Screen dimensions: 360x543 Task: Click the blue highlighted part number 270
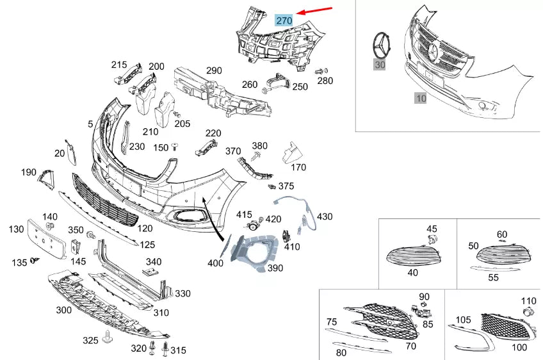[x=284, y=20]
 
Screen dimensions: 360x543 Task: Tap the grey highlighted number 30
[x=380, y=64]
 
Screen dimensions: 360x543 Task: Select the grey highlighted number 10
[x=421, y=99]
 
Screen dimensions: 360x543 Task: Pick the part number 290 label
[x=213, y=70]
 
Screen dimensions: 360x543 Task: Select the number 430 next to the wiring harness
[x=325, y=217]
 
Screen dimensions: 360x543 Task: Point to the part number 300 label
[x=64, y=310]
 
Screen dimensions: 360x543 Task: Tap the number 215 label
[x=119, y=65]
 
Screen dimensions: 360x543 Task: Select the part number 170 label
[x=298, y=168]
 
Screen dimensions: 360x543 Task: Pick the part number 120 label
[x=145, y=229]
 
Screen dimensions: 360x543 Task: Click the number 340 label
[x=154, y=261]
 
